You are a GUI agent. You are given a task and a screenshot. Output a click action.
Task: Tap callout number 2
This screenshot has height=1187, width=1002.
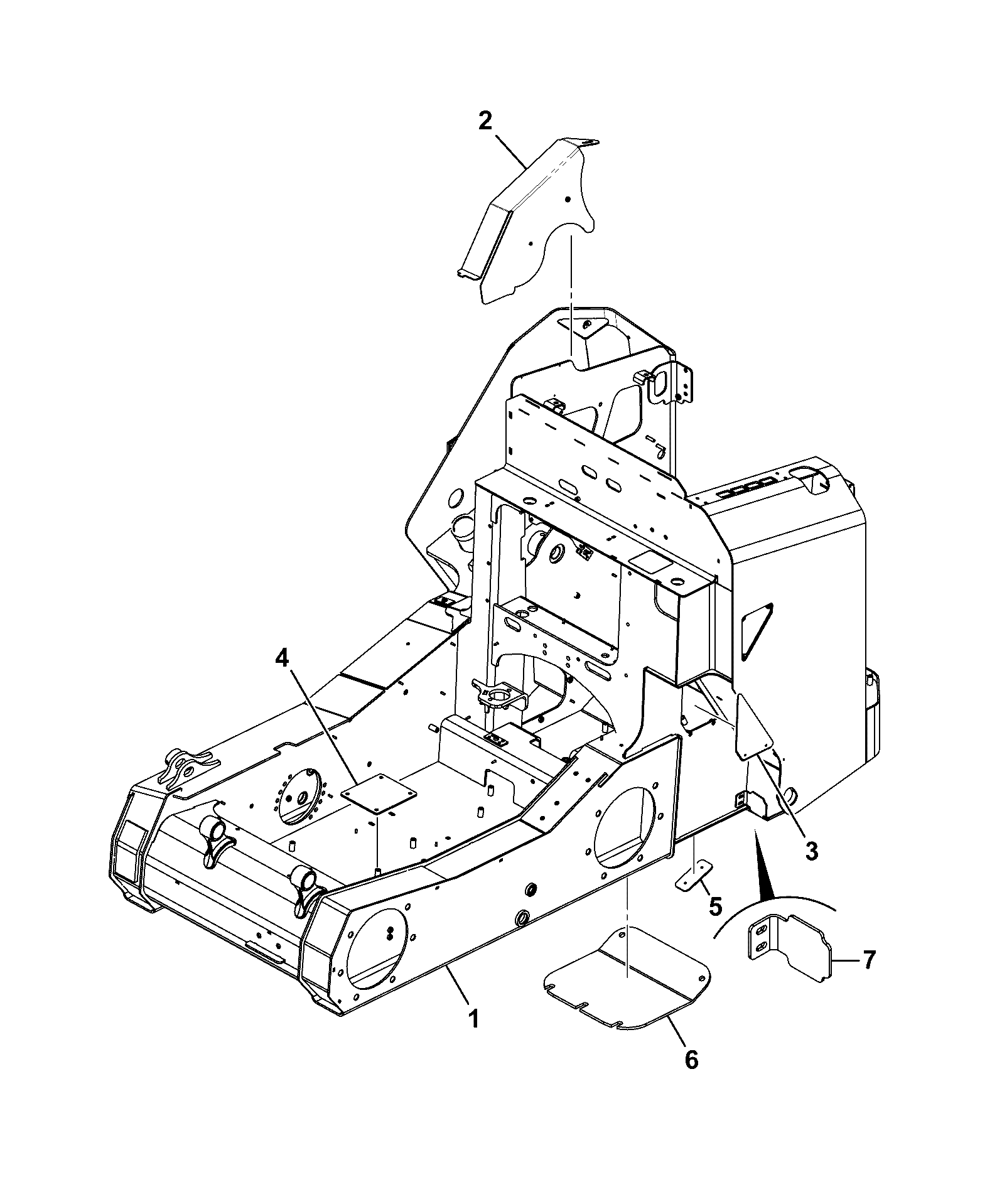pyautogui.click(x=485, y=121)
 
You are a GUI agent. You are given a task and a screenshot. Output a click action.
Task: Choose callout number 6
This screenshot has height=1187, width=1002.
pyautogui.click(x=691, y=1060)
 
